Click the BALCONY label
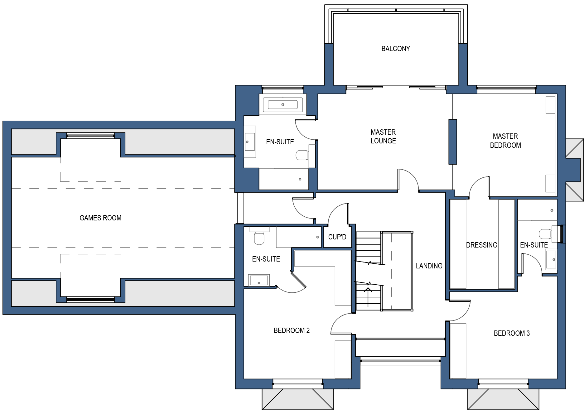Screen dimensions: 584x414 tap(395, 49)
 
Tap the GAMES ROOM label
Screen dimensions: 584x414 tap(100, 218)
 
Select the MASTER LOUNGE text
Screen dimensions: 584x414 tap(383, 137)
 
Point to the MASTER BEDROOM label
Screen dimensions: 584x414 tap(505, 141)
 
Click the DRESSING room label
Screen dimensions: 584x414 tap(482, 245)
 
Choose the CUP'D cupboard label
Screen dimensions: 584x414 tap(337, 237)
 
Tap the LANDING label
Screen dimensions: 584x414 tap(429, 266)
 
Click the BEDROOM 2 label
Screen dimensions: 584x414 tap(292, 330)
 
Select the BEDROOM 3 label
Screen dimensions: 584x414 tap(512, 333)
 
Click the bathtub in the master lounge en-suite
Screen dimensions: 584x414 tap(283, 104)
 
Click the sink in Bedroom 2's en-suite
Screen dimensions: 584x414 tap(258, 280)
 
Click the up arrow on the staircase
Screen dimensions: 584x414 tap(368, 297)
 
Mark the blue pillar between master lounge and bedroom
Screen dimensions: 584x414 tap(453, 142)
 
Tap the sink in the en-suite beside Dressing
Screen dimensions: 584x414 tap(551, 259)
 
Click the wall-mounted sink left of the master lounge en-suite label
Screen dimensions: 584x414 tap(249, 142)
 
